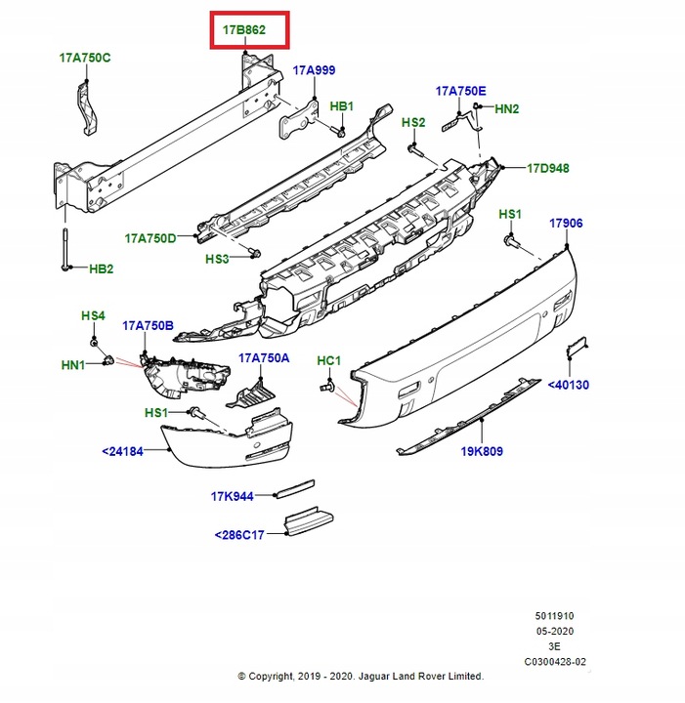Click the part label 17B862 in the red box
[243, 30]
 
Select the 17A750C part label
[84, 58]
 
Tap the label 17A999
[315, 70]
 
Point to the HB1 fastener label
[341, 105]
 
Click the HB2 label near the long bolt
[102, 269]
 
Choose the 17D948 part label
[548, 168]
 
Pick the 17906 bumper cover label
[565, 224]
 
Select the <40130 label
[568, 385]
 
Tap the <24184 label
[122, 451]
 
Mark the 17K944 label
[232, 496]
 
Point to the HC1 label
[328, 361]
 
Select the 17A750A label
[264, 358]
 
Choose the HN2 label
[507, 109]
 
